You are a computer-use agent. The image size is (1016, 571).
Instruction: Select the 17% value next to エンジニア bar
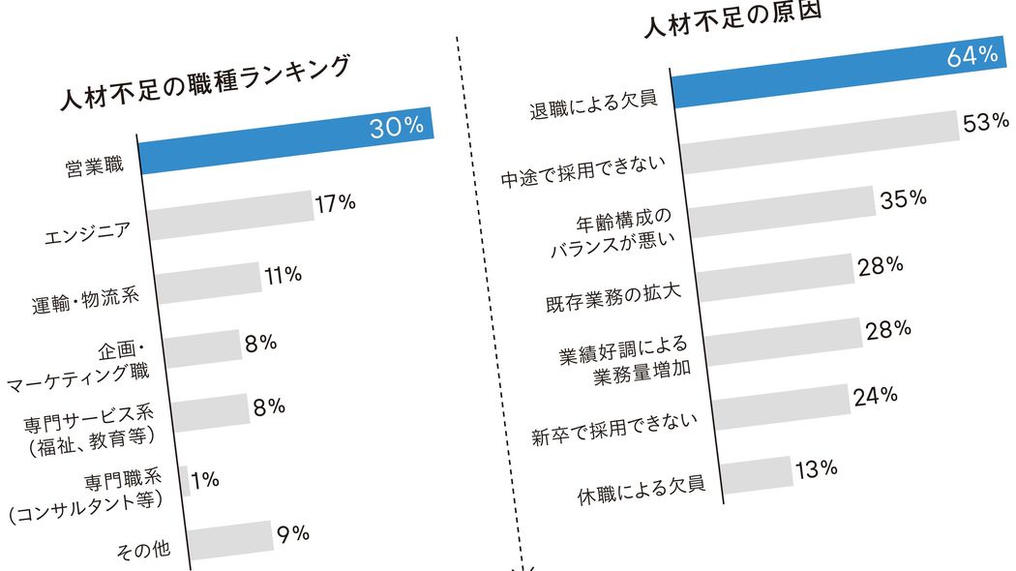pos(335,202)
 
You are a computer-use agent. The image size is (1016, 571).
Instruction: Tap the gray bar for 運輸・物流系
pos(208,284)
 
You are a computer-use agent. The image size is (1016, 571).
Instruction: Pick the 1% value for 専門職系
pos(205,478)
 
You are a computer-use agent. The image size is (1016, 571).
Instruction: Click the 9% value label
pos(292,531)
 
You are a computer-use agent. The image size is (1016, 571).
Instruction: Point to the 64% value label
pos(971,56)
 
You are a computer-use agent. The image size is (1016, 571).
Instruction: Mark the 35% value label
pos(904,198)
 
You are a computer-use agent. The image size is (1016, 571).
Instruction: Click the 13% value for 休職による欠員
pos(816,469)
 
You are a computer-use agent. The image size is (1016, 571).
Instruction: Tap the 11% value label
pos(283,275)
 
